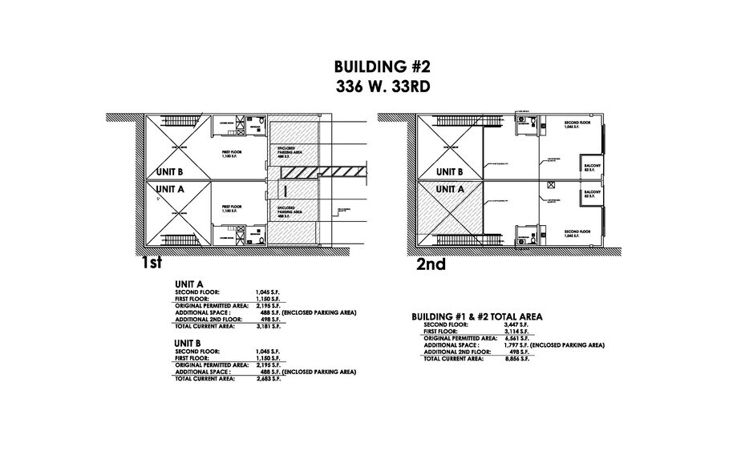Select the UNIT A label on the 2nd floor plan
click(450, 189)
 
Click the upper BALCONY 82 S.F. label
click(593, 166)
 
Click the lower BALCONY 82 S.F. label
click(593, 195)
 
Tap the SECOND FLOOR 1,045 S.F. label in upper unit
click(577, 125)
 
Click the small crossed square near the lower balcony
click(550, 184)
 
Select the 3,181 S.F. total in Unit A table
click(269, 326)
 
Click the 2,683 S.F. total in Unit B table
click(269, 378)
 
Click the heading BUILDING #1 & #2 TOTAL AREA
click(477, 317)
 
